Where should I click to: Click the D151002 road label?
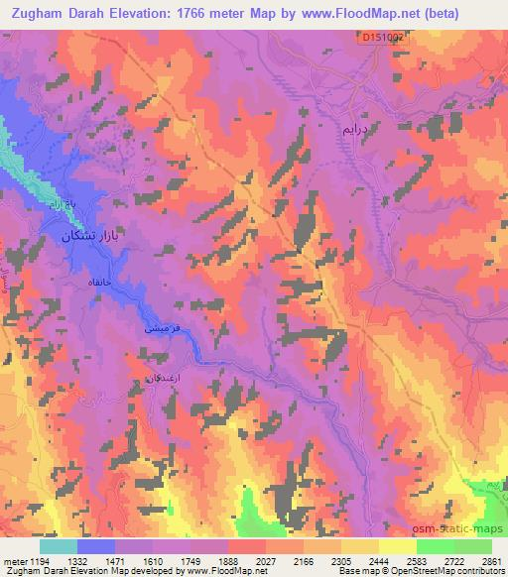[x=381, y=37]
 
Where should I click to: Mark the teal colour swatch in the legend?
[x=59, y=546]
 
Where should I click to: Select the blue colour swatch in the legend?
[x=97, y=546]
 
